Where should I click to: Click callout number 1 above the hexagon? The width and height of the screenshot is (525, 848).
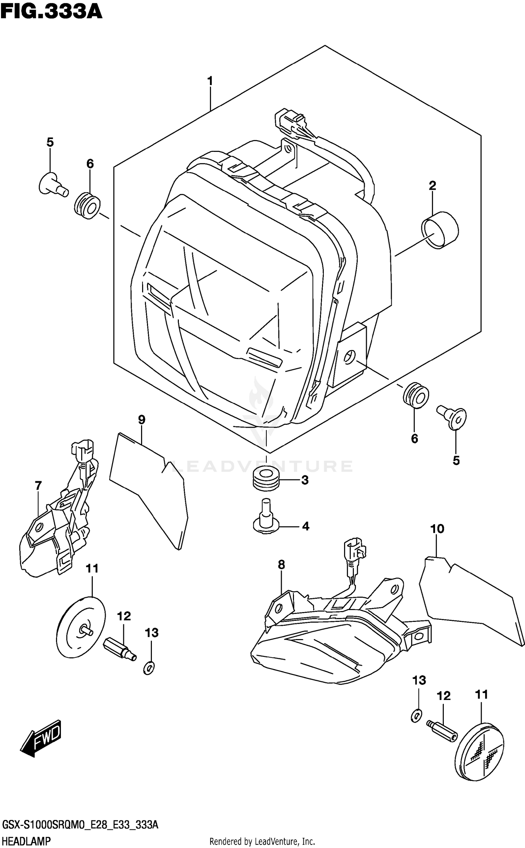tap(210, 82)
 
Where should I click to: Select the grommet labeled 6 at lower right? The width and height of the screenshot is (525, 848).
tap(415, 395)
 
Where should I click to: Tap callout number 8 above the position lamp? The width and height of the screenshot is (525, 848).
tap(281, 565)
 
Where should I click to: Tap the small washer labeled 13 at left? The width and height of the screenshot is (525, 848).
tap(148, 669)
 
